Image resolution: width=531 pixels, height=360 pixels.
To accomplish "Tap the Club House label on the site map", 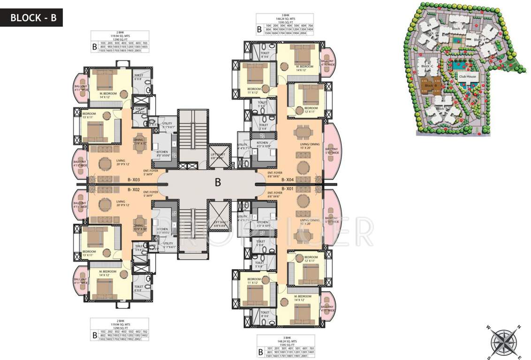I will pos(467,76).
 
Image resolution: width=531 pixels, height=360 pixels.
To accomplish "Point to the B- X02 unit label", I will pos(135,190).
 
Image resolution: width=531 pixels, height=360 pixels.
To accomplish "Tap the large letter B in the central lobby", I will pos(218,183).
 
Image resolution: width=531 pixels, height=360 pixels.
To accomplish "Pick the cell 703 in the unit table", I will pos(144,43).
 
